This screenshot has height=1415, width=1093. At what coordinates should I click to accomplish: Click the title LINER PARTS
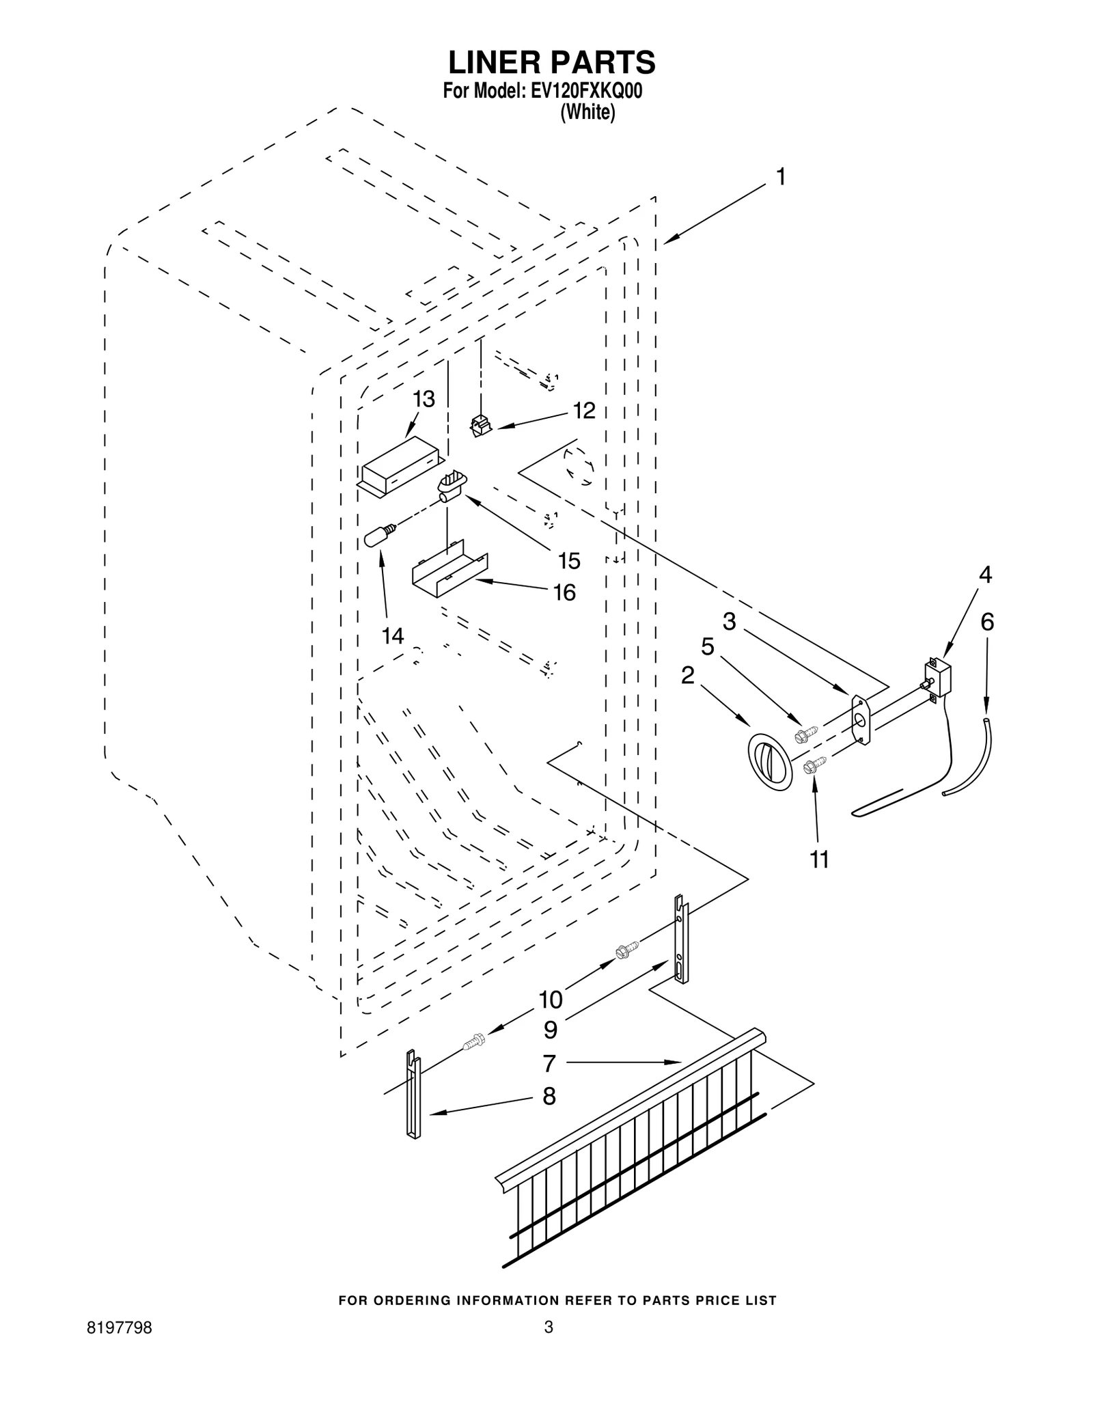pos(551,62)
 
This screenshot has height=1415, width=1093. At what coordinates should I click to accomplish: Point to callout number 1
pos(781,177)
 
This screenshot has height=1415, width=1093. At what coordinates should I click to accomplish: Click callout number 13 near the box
pos(424,400)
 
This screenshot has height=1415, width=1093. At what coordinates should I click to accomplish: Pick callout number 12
pos(584,411)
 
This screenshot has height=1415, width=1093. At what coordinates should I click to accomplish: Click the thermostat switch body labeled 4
pos(937,677)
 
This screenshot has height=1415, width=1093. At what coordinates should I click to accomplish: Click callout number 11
pos(819,860)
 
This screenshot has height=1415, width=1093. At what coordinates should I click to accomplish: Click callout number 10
pos(551,1000)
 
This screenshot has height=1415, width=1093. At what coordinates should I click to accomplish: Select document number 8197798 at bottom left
pos(120,1347)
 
